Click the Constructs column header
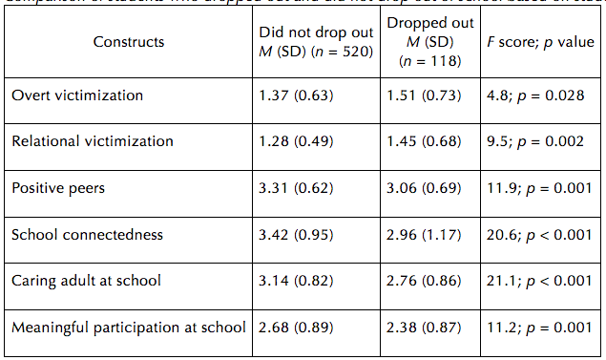129,42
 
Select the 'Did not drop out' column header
314,42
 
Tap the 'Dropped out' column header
429,42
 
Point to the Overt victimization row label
77,95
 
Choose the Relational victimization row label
93,141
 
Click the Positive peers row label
58,188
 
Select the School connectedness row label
87,235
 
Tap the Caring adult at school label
86,281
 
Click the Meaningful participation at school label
128,328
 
